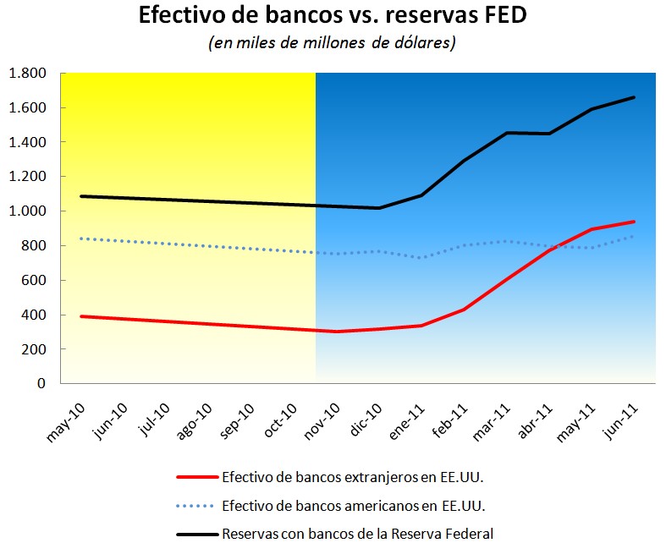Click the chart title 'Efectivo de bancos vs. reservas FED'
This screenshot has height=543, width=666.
click(333, 16)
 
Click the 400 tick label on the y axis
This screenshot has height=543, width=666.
click(33, 315)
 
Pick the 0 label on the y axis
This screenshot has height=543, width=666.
click(41, 384)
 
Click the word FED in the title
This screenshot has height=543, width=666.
click(506, 16)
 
